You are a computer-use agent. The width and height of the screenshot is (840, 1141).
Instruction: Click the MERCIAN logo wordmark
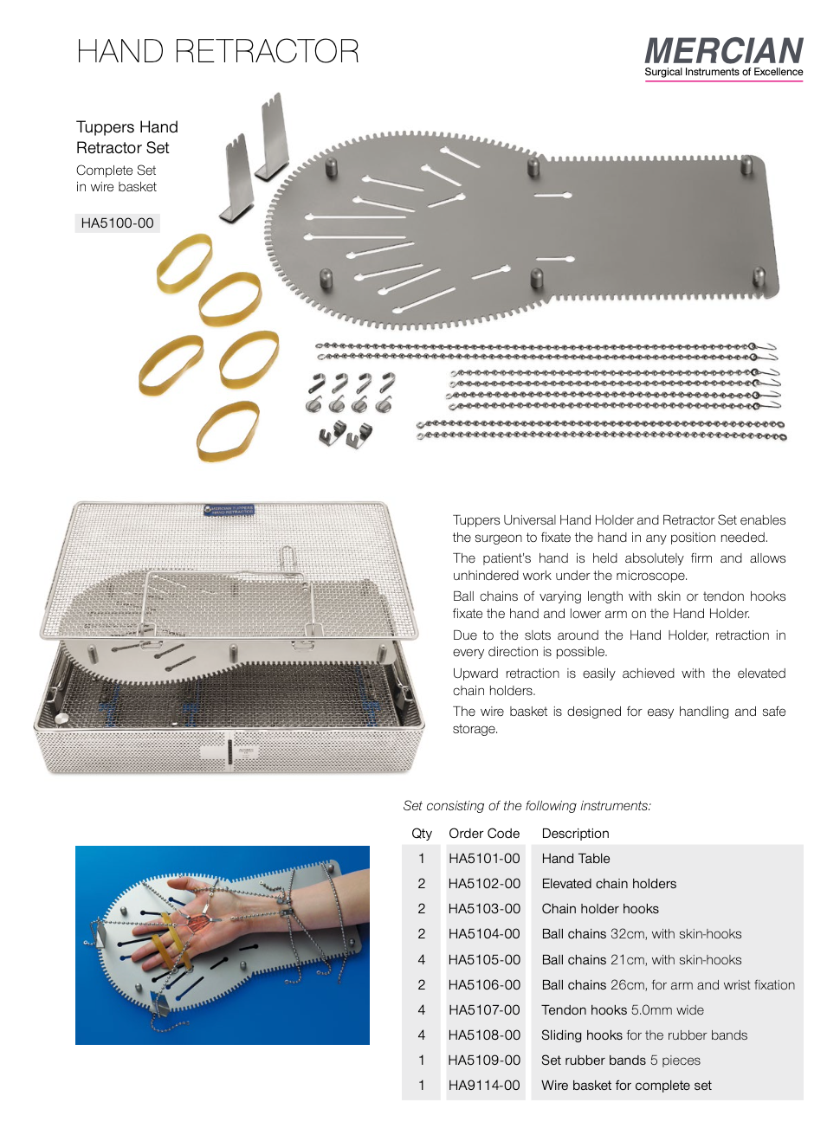(x=723, y=51)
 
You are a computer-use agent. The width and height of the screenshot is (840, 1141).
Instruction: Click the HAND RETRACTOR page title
(x=217, y=52)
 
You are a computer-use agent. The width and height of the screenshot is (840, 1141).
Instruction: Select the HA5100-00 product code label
(x=117, y=223)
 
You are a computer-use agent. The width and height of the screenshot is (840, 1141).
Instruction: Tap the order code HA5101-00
(x=484, y=859)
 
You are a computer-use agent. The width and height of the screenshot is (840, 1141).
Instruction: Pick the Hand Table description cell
(x=576, y=859)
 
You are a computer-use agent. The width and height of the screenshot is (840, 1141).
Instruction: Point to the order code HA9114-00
(x=484, y=1086)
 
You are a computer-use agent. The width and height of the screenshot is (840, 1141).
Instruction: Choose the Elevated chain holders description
(x=609, y=884)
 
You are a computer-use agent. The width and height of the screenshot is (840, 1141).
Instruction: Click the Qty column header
(x=422, y=834)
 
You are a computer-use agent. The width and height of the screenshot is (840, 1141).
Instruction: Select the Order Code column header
(x=484, y=834)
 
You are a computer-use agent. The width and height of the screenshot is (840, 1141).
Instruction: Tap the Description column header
(x=575, y=834)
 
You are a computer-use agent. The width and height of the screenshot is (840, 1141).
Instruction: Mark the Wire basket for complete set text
(x=626, y=1086)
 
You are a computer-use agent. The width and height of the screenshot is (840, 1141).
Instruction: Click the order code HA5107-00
(x=484, y=1010)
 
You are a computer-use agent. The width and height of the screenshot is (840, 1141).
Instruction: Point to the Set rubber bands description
(x=620, y=1060)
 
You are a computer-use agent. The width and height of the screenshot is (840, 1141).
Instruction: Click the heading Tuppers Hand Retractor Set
(x=126, y=138)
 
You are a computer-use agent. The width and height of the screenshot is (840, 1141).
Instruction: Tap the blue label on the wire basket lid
(x=229, y=510)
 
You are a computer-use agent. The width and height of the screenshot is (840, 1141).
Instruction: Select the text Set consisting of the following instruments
(x=527, y=806)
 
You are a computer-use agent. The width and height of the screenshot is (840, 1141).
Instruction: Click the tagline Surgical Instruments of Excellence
(x=723, y=73)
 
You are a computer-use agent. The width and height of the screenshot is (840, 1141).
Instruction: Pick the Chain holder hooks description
(x=600, y=909)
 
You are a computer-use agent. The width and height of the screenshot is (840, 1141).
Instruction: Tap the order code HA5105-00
(x=484, y=960)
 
